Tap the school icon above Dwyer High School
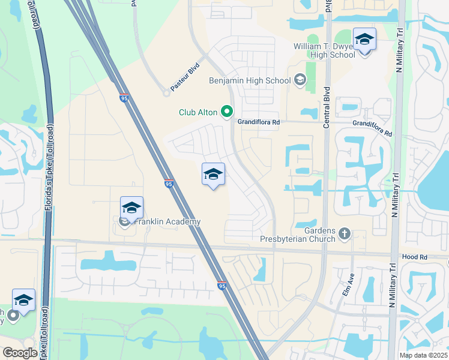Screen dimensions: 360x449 (364, 40)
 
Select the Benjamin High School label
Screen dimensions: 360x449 (249, 80)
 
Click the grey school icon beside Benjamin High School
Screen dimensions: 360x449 (300, 80)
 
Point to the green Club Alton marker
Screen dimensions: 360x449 (227, 112)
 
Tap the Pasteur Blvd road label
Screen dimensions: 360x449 (184, 79)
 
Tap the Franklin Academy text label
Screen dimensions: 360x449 (166, 222)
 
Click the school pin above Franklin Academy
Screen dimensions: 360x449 (131, 208)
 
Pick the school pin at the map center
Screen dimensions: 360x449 (213, 175)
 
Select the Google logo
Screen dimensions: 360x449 (20, 352)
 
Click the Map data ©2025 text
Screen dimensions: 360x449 (423, 355)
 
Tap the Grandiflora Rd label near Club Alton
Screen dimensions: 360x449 (259, 122)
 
